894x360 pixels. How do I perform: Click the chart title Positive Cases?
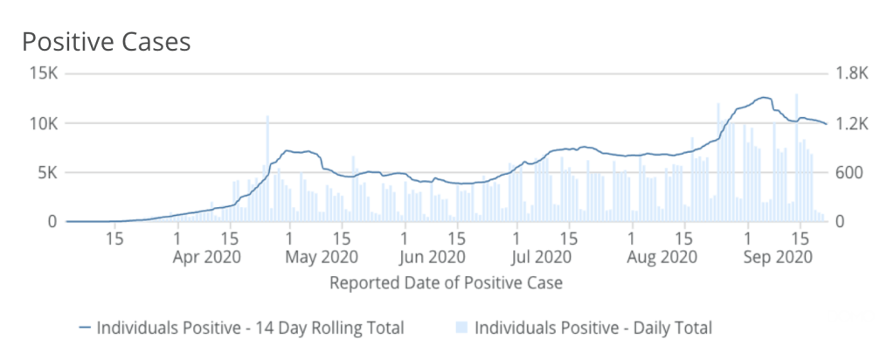click(x=106, y=41)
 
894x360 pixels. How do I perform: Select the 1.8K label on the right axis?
click(x=849, y=73)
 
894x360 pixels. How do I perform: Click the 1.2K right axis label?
click(x=849, y=123)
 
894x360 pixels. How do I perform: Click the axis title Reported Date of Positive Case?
click(x=446, y=283)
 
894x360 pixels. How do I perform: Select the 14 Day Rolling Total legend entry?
click(x=250, y=329)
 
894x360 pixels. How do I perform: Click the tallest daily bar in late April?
click(x=267, y=166)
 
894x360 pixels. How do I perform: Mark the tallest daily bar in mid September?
click(x=796, y=157)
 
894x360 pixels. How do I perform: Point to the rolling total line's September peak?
click(x=765, y=98)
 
